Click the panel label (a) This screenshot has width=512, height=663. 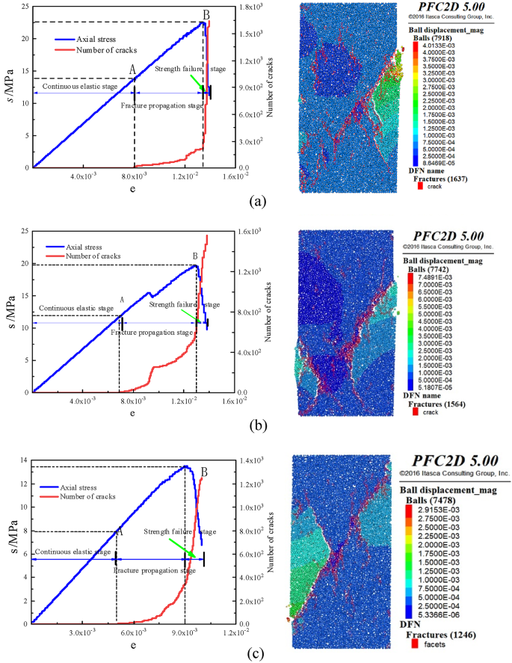pos(258,200)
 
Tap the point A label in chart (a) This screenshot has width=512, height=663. pos(132,70)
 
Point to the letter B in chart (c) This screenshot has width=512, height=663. pos(203,472)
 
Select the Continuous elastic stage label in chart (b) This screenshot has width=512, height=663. pos(75,308)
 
